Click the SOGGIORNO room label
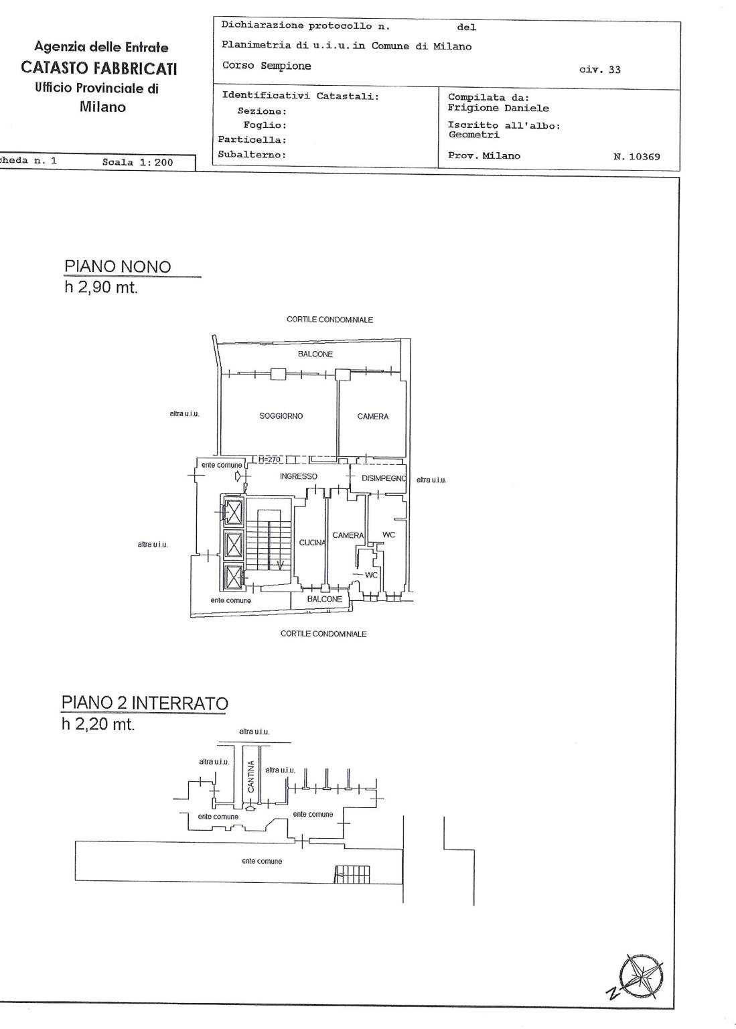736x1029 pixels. tap(281, 416)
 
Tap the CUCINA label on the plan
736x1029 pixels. tap(312, 543)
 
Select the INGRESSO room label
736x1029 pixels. tap(299, 476)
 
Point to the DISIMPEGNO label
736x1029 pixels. tap(384, 478)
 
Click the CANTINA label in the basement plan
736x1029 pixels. tap(250, 776)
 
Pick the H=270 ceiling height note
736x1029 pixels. tap(269, 459)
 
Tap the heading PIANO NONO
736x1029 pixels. tap(118, 267)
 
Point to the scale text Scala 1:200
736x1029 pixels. tap(138, 162)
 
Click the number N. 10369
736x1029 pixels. tap(637, 157)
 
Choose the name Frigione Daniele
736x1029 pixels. tap(499, 108)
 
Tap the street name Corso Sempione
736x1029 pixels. tap(267, 66)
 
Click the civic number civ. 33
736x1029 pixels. tap(600, 70)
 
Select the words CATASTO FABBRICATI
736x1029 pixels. tap(99, 68)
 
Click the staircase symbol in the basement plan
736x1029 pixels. tap(352, 875)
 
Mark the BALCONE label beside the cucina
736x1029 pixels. tap(325, 599)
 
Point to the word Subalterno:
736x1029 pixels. tap(252, 154)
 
